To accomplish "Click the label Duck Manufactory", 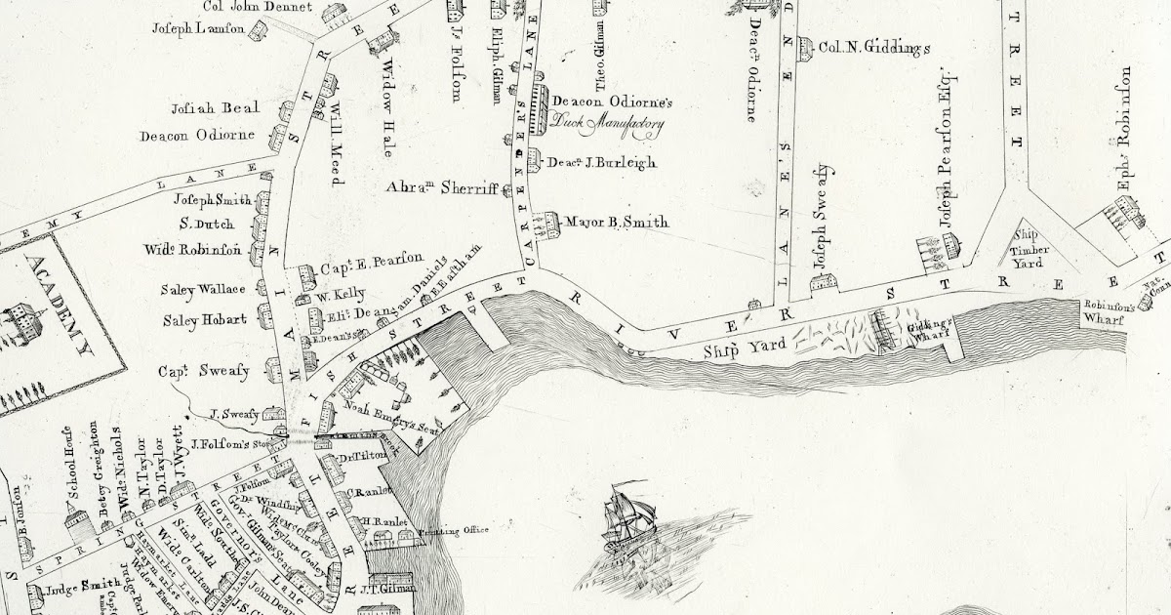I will pyautogui.click(x=607, y=124).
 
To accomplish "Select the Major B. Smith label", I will pyautogui.click(x=619, y=223).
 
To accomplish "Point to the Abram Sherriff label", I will pyautogui.click(x=442, y=186).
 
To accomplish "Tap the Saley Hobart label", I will pyautogui.click(x=208, y=319).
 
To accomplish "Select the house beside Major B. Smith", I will pyautogui.click(x=550, y=225).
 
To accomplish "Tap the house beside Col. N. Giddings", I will pyautogui.click(x=805, y=46).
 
